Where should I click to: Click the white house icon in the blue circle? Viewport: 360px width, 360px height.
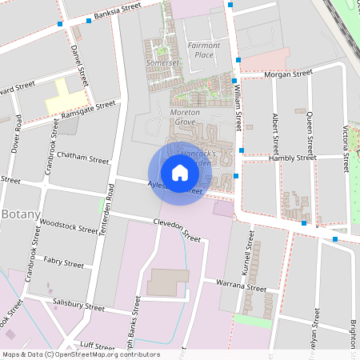(180, 172)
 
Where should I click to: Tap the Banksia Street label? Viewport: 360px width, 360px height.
(117, 10)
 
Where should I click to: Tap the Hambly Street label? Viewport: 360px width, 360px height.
(294, 158)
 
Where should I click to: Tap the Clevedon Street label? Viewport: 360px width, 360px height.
(177, 230)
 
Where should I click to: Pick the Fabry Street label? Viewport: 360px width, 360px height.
(64, 262)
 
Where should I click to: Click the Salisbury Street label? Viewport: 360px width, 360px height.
(78, 306)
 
